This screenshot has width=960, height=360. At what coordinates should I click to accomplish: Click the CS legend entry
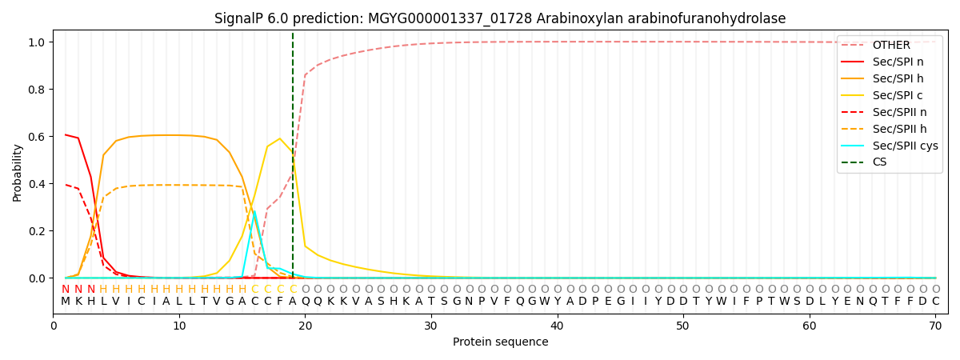click(879, 162)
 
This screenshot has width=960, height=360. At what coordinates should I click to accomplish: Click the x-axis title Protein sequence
click(501, 342)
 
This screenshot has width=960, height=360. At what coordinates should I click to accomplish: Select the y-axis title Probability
click(18, 172)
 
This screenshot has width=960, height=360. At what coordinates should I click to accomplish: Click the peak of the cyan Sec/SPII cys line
click(254, 211)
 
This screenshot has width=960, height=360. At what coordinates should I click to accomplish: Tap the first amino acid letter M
click(66, 302)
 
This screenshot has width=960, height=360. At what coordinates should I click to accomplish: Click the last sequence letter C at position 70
click(935, 302)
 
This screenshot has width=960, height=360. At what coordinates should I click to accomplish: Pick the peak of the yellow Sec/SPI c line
click(280, 138)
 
